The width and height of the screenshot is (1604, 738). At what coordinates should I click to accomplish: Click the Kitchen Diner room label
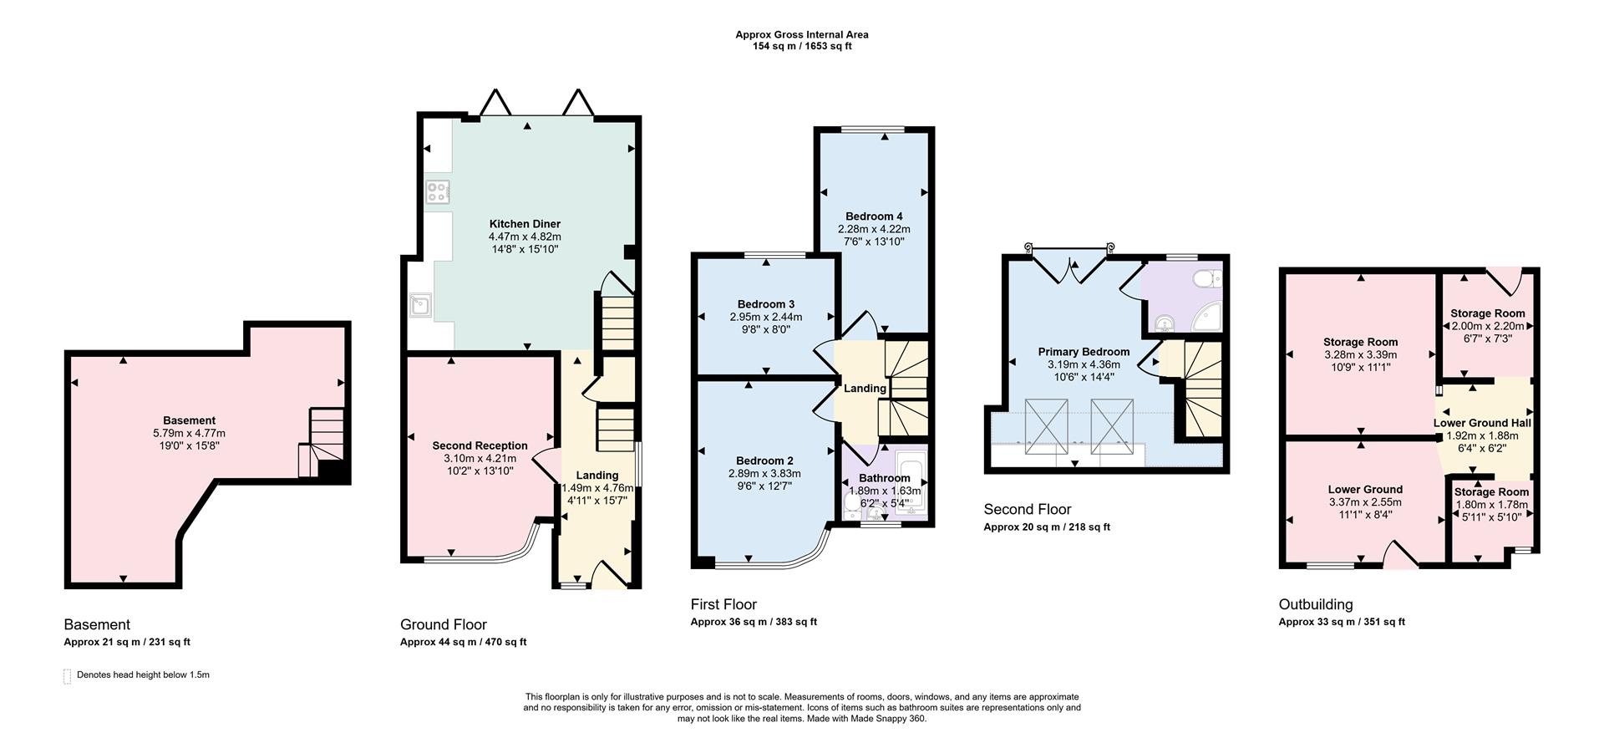click(x=525, y=224)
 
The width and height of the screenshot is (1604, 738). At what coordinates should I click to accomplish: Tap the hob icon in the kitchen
click(x=436, y=192)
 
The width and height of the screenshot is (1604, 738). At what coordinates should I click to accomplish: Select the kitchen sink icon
click(x=419, y=306)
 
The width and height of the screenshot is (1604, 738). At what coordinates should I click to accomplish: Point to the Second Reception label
click(x=480, y=445)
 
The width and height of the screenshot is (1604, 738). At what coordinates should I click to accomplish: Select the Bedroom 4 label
click(x=873, y=216)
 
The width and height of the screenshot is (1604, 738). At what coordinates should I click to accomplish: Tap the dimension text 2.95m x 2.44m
click(x=765, y=317)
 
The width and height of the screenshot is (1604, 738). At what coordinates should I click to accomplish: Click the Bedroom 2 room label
click(x=764, y=461)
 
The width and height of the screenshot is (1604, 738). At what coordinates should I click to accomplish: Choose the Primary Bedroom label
click(x=1084, y=352)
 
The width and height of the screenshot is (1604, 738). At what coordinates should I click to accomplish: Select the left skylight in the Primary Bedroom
click(x=1046, y=426)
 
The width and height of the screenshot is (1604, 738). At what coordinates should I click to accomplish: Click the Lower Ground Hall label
click(x=1482, y=423)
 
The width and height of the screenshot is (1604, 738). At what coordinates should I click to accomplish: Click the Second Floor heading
click(x=1027, y=509)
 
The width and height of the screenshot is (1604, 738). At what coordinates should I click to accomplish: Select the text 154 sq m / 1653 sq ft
click(x=801, y=46)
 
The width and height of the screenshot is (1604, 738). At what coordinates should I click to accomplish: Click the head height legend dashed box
click(x=67, y=676)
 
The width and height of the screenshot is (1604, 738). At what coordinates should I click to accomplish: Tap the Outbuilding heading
click(x=1315, y=604)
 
